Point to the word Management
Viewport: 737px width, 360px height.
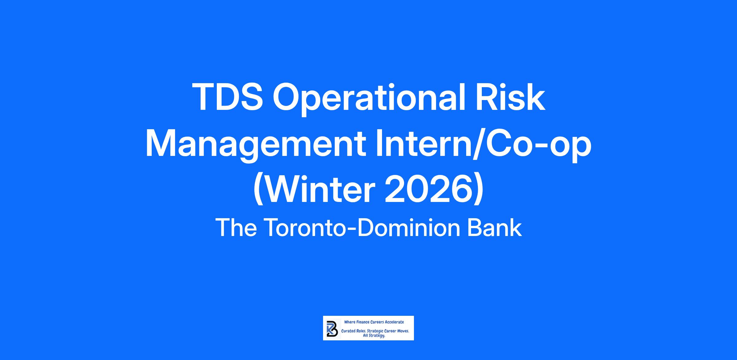click(x=255, y=146)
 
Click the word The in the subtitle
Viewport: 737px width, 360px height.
click(x=236, y=228)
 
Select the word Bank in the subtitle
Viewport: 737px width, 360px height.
click(x=495, y=228)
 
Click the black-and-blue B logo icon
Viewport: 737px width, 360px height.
click(x=332, y=328)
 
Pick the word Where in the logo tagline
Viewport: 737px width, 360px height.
click(x=350, y=322)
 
